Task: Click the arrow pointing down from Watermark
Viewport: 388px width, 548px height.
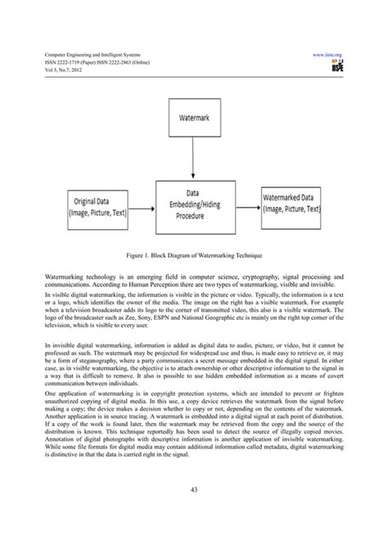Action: tap(194, 159)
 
